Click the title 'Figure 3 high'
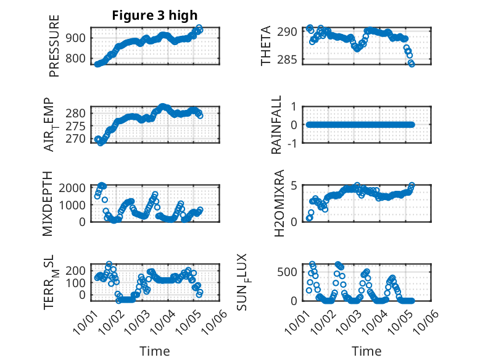point(154,15)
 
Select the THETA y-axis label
point(266,46)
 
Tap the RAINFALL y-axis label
point(277,125)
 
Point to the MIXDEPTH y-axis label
point(48,204)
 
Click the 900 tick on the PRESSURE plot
point(78,38)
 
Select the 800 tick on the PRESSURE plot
point(78,59)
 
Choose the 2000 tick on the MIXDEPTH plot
point(75,188)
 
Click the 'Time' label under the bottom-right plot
point(366,351)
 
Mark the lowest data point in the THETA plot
point(412,64)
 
